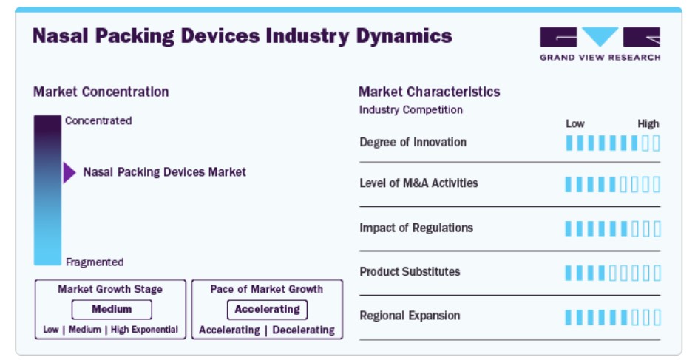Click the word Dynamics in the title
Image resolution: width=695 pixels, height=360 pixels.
[x=404, y=36]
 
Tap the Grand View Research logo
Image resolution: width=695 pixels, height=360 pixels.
[x=600, y=44]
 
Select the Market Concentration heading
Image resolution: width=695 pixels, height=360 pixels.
[x=101, y=92]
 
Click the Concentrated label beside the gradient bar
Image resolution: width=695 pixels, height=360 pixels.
[x=98, y=120]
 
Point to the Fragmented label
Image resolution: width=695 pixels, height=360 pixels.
[x=95, y=262]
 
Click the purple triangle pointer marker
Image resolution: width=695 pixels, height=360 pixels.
[x=69, y=172]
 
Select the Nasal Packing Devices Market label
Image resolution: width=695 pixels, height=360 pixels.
[x=164, y=172]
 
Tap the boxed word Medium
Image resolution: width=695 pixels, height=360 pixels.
[x=112, y=309]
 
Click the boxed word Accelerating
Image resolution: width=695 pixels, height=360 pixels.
[x=267, y=310]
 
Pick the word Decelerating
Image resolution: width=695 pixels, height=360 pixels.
[x=304, y=330]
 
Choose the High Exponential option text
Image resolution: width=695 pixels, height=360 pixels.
[x=144, y=330]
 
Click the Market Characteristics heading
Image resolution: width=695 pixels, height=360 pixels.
[x=429, y=92]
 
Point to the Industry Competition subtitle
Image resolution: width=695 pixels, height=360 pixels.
[x=411, y=110]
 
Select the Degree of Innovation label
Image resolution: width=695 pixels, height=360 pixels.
[x=413, y=143]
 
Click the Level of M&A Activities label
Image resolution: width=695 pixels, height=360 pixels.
[x=419, y=183]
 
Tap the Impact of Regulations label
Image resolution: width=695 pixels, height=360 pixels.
[x=416, y=228]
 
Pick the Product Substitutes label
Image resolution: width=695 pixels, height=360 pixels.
[x=410, y=272]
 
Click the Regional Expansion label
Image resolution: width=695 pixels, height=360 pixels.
[x=410, y=316]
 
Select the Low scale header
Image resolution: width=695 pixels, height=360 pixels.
[x=575, y=123]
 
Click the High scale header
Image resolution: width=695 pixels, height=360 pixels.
[x=648, y=123]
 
